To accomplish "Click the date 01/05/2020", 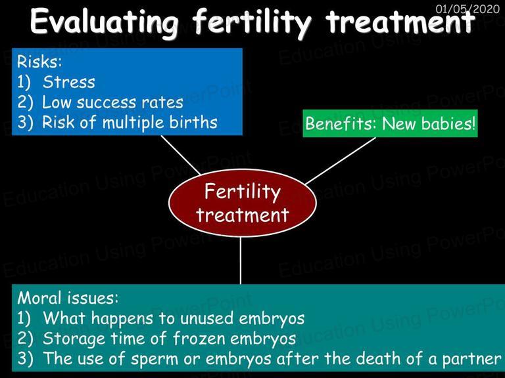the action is [x=468, y=9].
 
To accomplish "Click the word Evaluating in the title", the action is [x=105, y=22].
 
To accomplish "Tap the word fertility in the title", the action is [x=252, y=22].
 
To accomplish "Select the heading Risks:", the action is [x=39, y=61].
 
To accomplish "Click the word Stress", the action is [x=69, y=81].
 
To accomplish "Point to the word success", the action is [x=107, y=102].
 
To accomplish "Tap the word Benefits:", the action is [x=341, y=123].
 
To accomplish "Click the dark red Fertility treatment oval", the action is [x=243, y=203].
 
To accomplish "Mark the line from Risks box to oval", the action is [x=181, y=156].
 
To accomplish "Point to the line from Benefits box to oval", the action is [x=341, y=161].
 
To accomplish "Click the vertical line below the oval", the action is [x=240, y=261].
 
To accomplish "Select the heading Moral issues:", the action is [x=68, y=298].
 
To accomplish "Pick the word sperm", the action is [x=155, y=359].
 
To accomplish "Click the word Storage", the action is [x=74, y=339].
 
